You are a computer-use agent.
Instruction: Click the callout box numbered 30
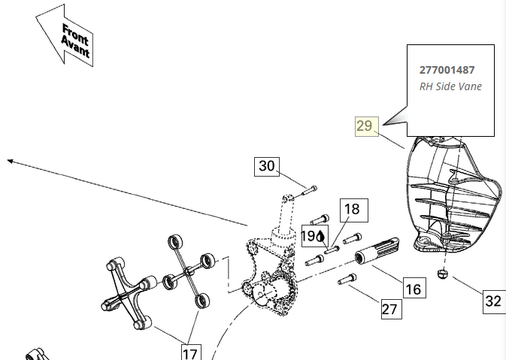(267, 166)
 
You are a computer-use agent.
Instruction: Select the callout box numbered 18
(353, 210)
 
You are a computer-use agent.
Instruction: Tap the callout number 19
(309, 235)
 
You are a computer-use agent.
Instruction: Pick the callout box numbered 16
(413, 289)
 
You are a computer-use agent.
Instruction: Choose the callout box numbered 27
(390, 308)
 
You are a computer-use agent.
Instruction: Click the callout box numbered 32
(492, 301)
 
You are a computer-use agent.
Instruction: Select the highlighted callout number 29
(365, 126)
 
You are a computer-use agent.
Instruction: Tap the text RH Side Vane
(450, 86)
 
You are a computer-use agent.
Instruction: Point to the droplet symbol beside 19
(320, 235)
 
